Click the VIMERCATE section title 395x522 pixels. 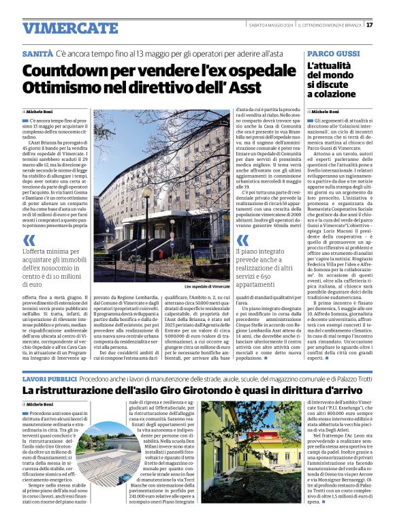click(x=70, y=28)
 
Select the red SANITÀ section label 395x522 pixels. click(x=37, y=52)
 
